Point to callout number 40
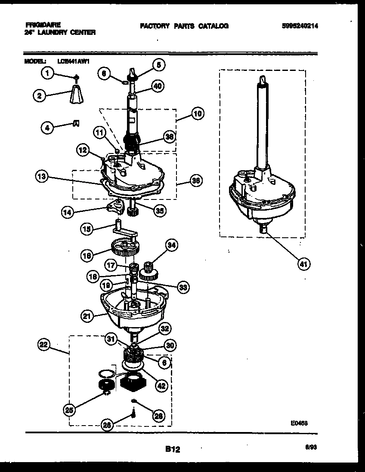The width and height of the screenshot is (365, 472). (x=157, y=86)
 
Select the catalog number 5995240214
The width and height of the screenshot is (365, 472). (x=301, y=26)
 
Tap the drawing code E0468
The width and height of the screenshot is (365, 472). (x=299, y=423)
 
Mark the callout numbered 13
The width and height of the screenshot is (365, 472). (x=42, y=176)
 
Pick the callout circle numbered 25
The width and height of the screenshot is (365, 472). (x=69, y=410)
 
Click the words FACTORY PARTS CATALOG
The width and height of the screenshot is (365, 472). (x=184, y=26)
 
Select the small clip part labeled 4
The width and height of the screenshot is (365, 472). (x=76, y=123)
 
